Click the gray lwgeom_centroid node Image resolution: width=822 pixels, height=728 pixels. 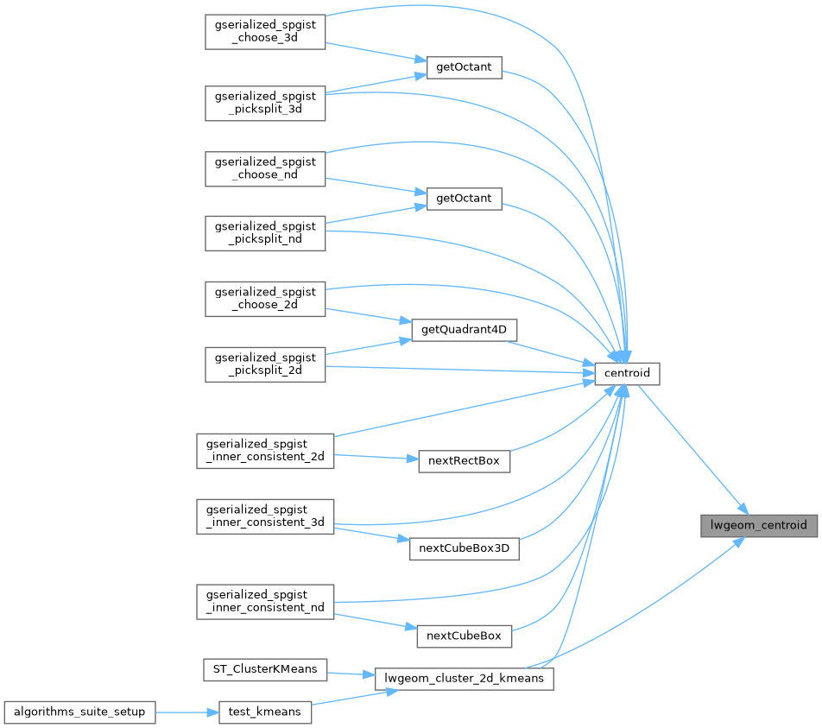[759, 526]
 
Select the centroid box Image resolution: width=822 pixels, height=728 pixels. [627, 373]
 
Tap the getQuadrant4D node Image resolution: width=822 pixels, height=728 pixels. [464, 330]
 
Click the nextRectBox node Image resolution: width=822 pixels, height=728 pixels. [464, 461]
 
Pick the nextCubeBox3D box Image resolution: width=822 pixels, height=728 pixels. [464, 548]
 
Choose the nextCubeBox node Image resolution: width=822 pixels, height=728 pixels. [464, 636]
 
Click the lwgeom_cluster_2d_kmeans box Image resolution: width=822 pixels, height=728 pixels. [464, 679]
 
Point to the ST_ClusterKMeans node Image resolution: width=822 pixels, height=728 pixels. [265, 670]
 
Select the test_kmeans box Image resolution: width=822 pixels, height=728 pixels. [265, 712]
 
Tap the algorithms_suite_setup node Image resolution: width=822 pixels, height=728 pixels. [79, 712]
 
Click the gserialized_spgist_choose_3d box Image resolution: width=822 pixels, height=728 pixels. [265, 32]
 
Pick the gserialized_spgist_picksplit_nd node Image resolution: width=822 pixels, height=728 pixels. [265, 233]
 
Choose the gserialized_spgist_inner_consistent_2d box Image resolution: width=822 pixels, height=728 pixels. [265, 451]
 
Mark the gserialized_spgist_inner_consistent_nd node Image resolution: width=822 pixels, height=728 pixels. [265, 602]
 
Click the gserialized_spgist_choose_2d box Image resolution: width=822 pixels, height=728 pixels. [265, 299]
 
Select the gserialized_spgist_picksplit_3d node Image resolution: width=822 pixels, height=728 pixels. [265, 104]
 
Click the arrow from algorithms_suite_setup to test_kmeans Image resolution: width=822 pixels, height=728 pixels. [187, 712]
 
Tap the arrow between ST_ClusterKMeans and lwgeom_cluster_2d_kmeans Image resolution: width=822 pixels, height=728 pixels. [351, 674]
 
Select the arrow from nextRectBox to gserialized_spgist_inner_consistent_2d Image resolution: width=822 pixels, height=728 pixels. [376, 457]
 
